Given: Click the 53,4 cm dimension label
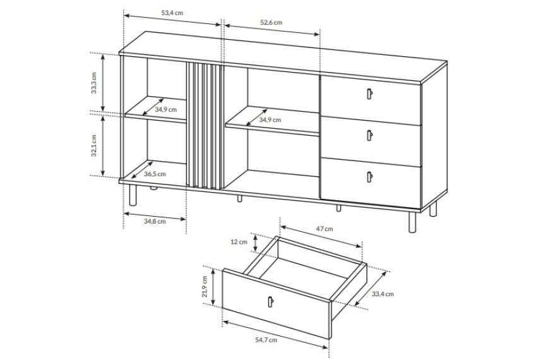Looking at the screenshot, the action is pyautogui.click(x=172, y=13).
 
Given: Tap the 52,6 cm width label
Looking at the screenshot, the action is pyautogui.click(x=271, y=23).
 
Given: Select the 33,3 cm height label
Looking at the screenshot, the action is pyautogui.click(x=93, y=83).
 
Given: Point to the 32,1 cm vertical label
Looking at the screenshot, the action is pyautogui.click(x=93, y=145).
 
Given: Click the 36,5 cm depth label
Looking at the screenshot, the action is pyautogui.click(x=155, y=174).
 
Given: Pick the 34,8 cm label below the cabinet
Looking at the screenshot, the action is pyautogui.click(x=155, y=221).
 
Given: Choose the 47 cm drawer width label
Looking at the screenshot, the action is pyautogui.click(x=325, y=229).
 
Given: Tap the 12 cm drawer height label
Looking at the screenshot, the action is pyautogui.click(x=239, y=242).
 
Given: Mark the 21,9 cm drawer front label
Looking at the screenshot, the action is pyautogui.click(x=205, y=287).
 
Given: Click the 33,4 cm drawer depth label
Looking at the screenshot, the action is pyautogui.click(x=383, y=294).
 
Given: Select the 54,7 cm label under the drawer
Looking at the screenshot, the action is pyautogui.click(x=266, y=340).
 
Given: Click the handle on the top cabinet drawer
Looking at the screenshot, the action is pyautogui.click(x=369, y=93).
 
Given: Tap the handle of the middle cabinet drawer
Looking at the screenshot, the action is pyautogui.click(x=369, y=135).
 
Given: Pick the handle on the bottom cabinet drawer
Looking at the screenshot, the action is pyautogui.click(x=369, y=177).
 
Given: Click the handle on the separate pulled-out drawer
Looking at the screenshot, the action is pyautogui.click(x=270, y=302).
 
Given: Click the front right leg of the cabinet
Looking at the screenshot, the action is pyautogui.click(x=412, y=222).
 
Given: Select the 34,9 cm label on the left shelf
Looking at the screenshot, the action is pyautogui.click(x=165, y=109).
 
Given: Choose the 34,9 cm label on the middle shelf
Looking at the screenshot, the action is pyautogui.click(x=270, y=120).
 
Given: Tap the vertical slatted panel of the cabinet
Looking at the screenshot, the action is pyautogui.click(x=203, y=126).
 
